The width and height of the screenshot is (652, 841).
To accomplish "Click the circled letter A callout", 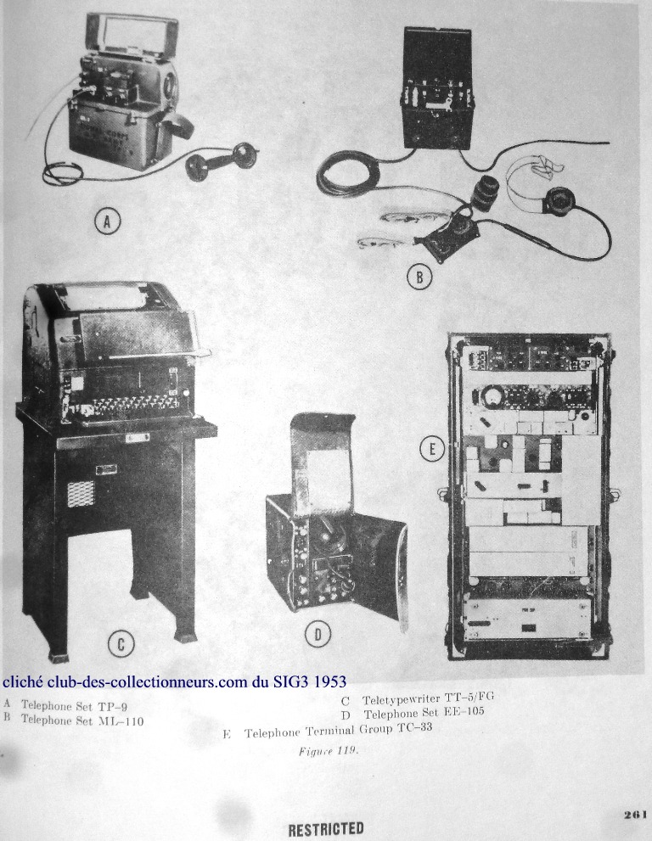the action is [x=107, y=221].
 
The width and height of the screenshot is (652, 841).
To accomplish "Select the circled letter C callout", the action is [x=121, y=644].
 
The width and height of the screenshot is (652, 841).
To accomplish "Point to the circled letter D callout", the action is [x=318, y=635].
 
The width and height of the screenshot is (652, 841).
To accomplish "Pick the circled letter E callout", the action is [x=432, y=448].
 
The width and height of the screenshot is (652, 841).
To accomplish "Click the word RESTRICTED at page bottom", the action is [x=326, y=829].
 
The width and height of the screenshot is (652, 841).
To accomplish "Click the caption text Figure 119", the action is [x=329, y=750].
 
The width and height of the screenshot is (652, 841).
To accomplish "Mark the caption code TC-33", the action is [x=414, y=728].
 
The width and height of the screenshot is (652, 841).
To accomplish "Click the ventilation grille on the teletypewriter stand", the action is [x=81, y=493].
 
